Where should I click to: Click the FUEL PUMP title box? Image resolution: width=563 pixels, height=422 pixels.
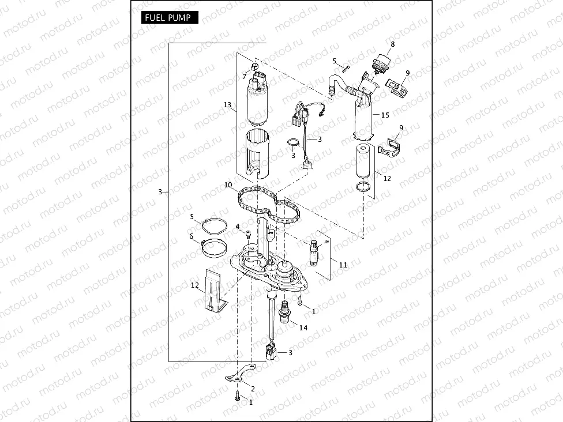169,17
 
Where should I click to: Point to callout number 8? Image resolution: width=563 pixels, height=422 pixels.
392,44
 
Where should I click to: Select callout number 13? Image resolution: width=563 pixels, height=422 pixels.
227,105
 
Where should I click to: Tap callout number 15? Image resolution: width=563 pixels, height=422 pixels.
385,115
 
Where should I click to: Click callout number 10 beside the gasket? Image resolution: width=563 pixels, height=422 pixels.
228,185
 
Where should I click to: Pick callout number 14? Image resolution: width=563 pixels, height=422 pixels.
303,327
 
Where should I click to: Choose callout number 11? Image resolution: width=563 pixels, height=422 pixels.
343,265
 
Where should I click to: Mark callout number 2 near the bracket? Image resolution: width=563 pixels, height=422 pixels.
253,389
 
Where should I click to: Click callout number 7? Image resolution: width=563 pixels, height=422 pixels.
245,76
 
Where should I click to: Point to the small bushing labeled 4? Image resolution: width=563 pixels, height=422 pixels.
248,234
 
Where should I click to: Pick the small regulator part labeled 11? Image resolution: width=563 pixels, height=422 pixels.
315,251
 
